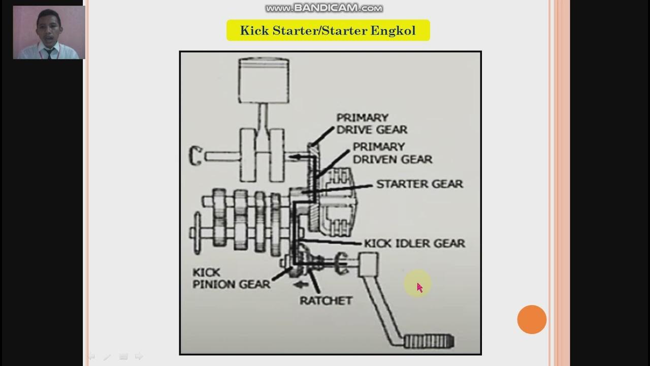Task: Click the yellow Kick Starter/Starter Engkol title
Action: click(328, 30)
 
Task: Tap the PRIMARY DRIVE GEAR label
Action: click(372, 124)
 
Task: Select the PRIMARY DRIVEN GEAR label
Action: click(392, 153)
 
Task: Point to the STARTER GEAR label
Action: click(419, 184)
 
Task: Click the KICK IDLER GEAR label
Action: click(414, 243)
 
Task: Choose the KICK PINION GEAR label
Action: click(231, 279)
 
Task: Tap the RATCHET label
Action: click(326, 300)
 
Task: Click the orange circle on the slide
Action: click(532, 320)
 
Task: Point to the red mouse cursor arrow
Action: click(419, 288)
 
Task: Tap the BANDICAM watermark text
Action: click(324, 8)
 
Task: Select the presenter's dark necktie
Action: click(49, 53)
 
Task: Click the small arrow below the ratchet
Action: click(304, 285)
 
